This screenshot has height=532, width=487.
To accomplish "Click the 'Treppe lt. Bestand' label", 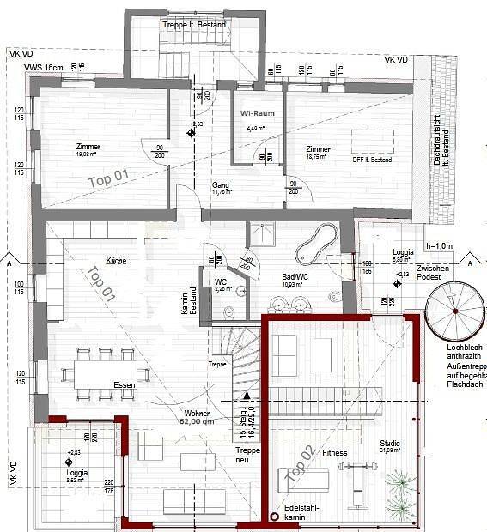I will (195, 25).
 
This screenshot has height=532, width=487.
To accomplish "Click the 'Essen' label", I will (125, 386).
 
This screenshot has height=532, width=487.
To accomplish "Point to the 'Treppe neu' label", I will (248, 455).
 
